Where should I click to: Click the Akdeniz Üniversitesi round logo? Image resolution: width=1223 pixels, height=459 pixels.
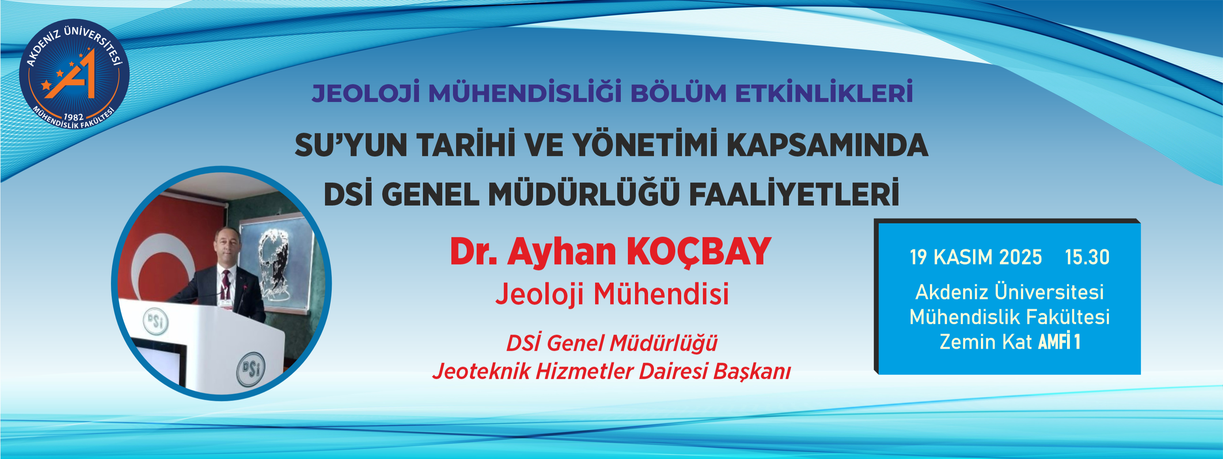(x=74, y=75)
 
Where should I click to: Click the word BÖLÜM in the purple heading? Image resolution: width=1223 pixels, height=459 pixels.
(x=678, y=93)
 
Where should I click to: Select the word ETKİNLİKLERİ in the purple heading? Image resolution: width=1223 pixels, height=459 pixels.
(x=824, y=93)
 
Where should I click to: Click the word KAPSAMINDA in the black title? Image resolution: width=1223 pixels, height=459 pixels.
(x=827, y=145)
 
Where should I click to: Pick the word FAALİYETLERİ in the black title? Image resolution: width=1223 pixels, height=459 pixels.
(x=794, y=194)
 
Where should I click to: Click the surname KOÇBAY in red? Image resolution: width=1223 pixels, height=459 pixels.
(x=699, y=252)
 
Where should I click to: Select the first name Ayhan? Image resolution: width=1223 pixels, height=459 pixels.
(x=562, y=252)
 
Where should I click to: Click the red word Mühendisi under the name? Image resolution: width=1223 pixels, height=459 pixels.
(x=661, y=294)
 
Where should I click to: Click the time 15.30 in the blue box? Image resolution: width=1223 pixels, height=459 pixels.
(x=1087, y=257)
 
